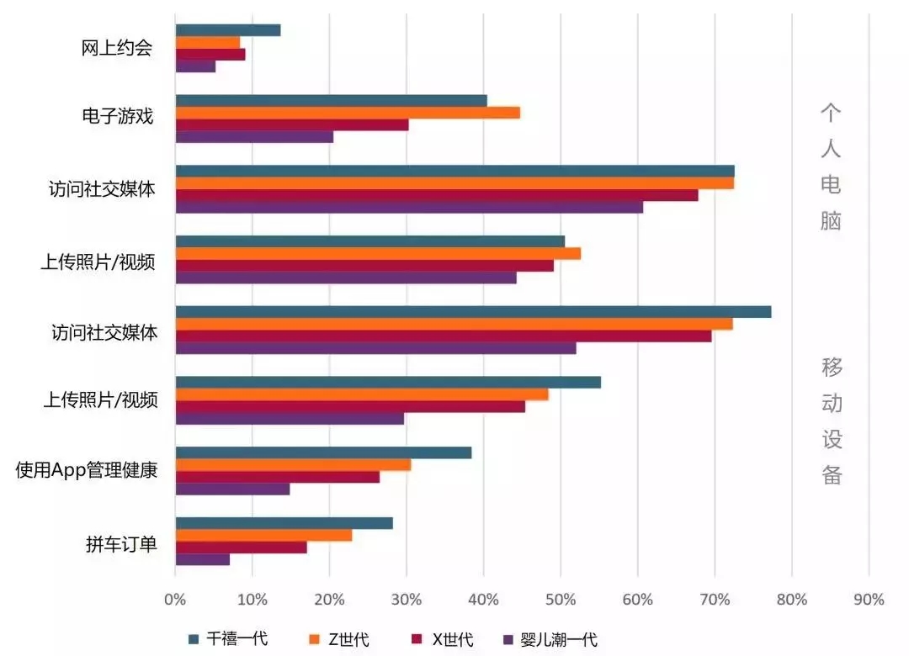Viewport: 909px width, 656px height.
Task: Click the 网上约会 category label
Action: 117,48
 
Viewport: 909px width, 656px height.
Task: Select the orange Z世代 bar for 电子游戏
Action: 347,113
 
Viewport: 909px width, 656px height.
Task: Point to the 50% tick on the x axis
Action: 561,600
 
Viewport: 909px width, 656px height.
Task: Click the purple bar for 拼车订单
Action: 202,559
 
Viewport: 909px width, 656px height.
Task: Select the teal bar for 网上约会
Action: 227,30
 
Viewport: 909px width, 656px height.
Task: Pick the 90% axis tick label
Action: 869,600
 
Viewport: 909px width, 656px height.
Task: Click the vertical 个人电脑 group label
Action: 830,167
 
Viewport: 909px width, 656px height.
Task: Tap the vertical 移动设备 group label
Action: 831,421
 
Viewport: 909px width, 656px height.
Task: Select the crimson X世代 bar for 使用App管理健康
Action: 277,477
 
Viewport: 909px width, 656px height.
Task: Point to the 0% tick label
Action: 175,600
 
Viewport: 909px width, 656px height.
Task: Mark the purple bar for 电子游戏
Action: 253,137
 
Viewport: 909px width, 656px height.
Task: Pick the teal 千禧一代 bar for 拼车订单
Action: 284,523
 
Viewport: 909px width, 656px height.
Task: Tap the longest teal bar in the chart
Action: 472,312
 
